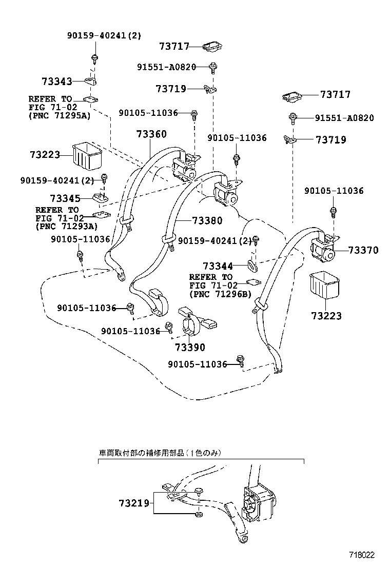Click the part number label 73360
click(x=151, y=134)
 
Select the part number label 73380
click(x=207, y=221)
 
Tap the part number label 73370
click(x=363, y=250)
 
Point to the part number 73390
click(x=190, y=347)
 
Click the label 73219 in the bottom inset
click(x=135, y=503)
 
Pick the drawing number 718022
click(x=362, y=555)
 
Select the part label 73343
click(x=56, y=81)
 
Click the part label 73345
click(x=65, y=198)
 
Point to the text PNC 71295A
click(x=60, y=116)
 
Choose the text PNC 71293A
click(x=67, y=226)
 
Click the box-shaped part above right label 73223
click(x=324, y=285)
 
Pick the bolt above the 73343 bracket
click(x=94, y=58)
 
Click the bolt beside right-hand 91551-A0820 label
click(x=293, y=118)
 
